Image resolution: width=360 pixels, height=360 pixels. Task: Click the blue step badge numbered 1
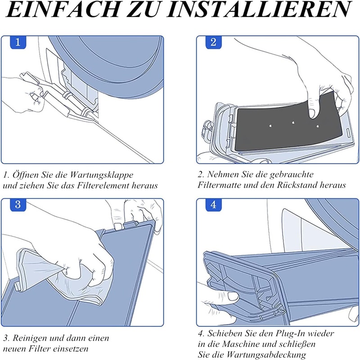[x=18, y=42]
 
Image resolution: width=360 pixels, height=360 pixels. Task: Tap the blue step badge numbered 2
[x=213, y=42]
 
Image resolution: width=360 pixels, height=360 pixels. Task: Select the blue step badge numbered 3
[x=18, y=205]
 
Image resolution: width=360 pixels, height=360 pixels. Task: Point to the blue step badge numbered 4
[x=213, y=205]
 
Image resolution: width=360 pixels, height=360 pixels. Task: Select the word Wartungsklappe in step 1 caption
[x=102, y=175]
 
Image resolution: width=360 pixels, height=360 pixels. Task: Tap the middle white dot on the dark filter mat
[x=293, y=122]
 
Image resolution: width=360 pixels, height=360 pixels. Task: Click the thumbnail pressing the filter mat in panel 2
[x=312, y=113]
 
